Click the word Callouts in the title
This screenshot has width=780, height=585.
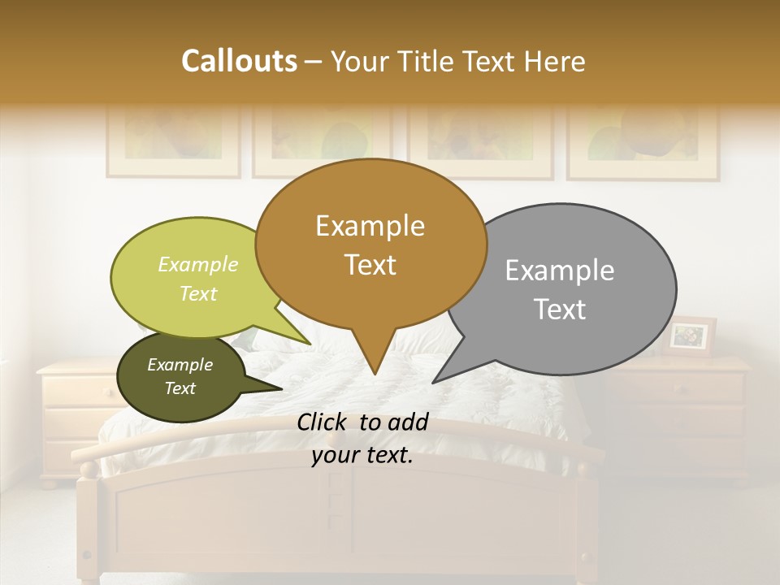[239, 61]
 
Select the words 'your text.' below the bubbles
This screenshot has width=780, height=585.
[362, 455]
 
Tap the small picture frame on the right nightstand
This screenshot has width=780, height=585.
[690, 336]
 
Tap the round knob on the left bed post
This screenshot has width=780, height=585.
[89, 469]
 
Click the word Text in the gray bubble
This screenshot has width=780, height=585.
[560, 310]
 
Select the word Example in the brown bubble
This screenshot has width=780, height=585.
[370, 226]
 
